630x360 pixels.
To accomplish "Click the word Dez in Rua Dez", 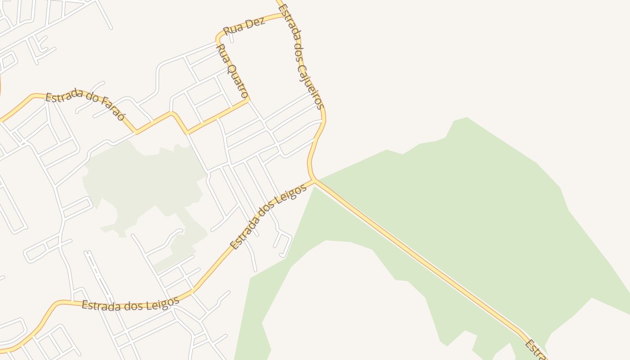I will (254, 24).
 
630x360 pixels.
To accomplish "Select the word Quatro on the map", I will (237, 80).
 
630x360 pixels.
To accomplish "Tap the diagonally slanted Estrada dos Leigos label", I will (268, 216).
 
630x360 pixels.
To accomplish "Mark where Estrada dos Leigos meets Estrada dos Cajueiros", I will (314, 180).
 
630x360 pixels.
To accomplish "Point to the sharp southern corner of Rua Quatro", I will (247, 100).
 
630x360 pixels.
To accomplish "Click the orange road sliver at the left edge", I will (1, 88).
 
